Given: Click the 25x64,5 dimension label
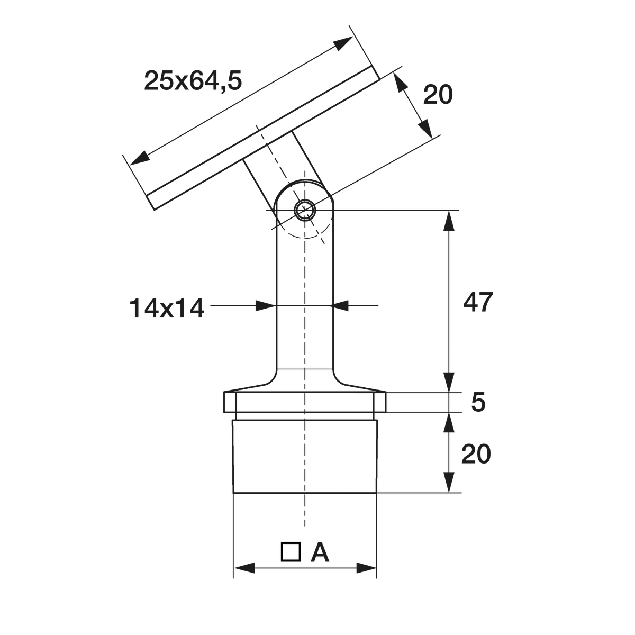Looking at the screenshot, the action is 193,81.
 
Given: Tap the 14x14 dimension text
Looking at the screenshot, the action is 167,309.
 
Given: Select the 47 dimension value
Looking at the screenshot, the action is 478,302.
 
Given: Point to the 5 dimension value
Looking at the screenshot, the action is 478,402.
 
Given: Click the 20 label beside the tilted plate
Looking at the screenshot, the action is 438,95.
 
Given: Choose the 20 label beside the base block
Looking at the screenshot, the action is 476,453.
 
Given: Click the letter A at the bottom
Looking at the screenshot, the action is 320,552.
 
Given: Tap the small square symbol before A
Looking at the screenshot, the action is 291,551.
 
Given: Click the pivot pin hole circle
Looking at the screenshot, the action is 305,210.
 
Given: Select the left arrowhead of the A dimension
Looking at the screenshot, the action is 244,568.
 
